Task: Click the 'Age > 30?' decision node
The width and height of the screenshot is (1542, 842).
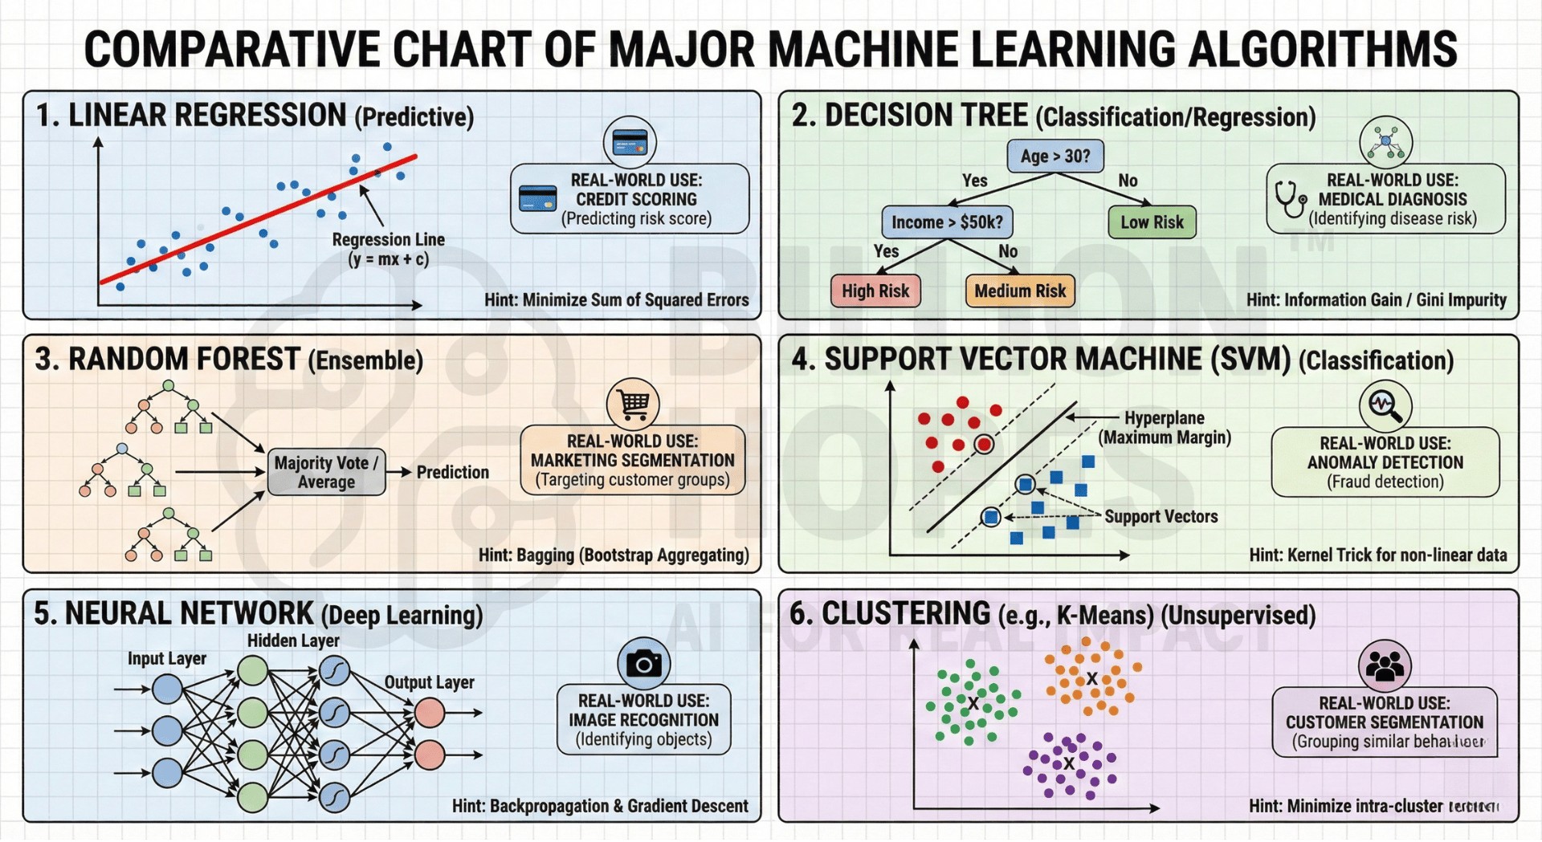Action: click(1055, 156)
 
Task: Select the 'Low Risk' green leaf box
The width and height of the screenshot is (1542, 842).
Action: click(1152, 222)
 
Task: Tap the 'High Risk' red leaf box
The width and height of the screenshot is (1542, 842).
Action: click(875, 291)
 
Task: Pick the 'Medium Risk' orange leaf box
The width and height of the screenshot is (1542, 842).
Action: click(1020, 291)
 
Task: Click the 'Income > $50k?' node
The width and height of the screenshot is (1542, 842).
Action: click(947, 222)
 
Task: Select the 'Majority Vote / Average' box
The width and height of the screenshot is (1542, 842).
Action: click(326, 472)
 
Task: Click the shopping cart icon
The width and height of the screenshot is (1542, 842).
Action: click(633, 404)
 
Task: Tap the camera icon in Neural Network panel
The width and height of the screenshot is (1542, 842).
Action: click(643, 663)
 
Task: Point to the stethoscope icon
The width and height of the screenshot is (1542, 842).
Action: click(1290, 199)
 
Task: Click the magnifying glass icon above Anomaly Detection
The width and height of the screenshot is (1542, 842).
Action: click(1385, 405)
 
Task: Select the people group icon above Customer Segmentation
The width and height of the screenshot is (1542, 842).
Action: click(1385, 665)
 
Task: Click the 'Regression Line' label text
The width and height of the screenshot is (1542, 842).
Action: click(388, 240)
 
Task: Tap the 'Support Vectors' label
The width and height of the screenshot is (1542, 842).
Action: click(1161, 517)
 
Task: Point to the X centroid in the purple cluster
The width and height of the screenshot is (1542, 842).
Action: click(1069, 763)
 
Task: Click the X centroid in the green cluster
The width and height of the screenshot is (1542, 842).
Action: click(973, 703)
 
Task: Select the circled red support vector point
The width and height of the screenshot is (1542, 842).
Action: click(984, 444)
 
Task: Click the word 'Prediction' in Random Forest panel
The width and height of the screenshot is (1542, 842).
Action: click(452, 472)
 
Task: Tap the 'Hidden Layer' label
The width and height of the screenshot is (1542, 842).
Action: click(293, 641)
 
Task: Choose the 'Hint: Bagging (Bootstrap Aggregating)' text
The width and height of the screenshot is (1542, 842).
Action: click(614, 555)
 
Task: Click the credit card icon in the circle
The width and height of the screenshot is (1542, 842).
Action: click(630, 143)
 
